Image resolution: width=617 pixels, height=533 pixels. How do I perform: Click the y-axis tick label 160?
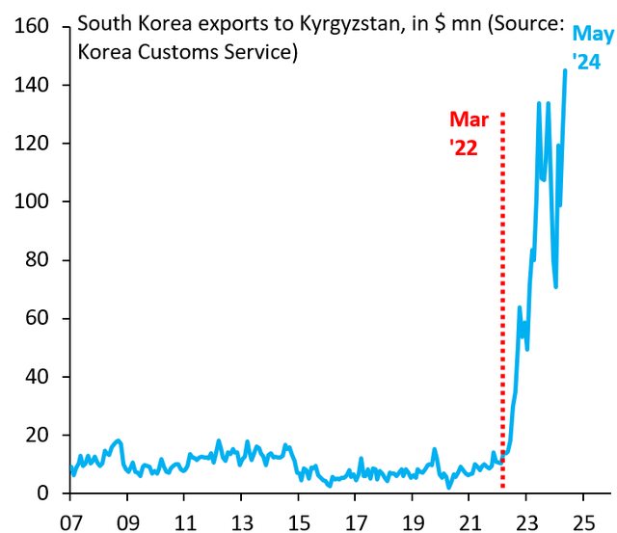(x=31, y=27)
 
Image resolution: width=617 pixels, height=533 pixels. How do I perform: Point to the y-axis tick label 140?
(x=31, y=85)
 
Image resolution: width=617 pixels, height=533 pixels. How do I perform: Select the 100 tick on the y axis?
(x=31, y=201)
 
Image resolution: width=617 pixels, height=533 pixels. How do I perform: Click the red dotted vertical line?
(x=503, y=289)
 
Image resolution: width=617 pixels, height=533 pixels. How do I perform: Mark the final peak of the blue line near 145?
(x=565, y=70)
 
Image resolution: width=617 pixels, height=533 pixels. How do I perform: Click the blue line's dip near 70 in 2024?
(x=555, y=286)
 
